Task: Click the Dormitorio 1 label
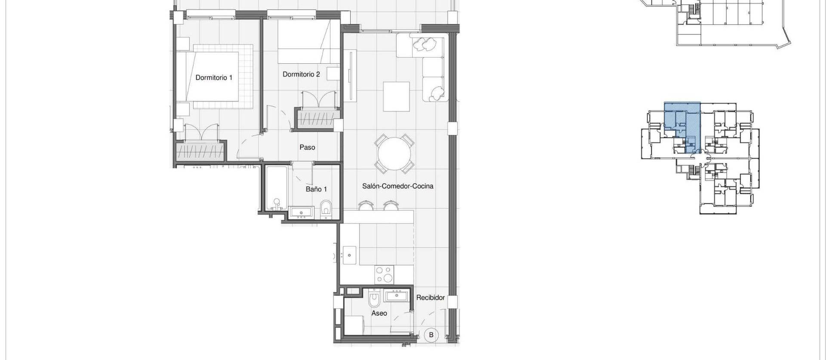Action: click(214, 78)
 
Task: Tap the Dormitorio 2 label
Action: click(301, 74)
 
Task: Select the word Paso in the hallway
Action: click(307, 148)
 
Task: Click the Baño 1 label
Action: click(316, 189)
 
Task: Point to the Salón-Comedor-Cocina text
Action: click(398, 186)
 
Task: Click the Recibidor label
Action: click(430, 298)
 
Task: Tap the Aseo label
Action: click(379, 314)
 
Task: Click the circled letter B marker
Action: click(431, 335)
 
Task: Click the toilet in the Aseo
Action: click(374, 297)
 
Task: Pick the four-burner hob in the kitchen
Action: click(384, 274)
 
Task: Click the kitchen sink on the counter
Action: click(349, 255)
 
